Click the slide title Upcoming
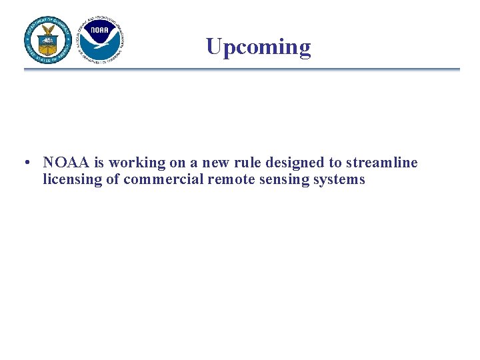tap(258, 47)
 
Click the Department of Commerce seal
tap(48, 39)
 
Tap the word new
tap(216, 163)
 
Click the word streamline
tap(381, 163)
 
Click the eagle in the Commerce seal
tap(48, 33)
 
